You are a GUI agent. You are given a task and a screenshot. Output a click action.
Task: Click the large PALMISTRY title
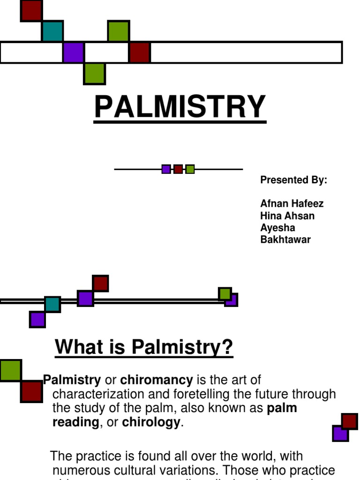coord(180,107)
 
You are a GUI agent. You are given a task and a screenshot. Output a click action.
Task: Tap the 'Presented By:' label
coord(293,180)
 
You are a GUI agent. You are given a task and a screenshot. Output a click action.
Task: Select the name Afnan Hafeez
coord(292,204)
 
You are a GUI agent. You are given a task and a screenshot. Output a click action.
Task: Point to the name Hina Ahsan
coord(287,216)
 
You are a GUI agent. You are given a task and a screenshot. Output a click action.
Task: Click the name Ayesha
coord(278,228)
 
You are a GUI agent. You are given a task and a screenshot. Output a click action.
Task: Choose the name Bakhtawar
coord(285,240)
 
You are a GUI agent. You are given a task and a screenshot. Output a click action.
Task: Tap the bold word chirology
coord(151,422)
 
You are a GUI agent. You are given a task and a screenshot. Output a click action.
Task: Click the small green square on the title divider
coord(190,169)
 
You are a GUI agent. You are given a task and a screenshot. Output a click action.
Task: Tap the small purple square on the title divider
coord(166,169)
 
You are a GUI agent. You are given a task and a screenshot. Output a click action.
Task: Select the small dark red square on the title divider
coord(178,169)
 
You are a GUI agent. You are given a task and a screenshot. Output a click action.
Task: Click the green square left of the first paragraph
coord(10,371)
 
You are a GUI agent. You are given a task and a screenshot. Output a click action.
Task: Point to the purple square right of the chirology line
coord(340,434)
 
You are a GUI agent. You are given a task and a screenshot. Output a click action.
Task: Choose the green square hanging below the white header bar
coord(94,74)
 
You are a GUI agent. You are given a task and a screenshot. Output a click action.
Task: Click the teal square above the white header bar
coord(52,31)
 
